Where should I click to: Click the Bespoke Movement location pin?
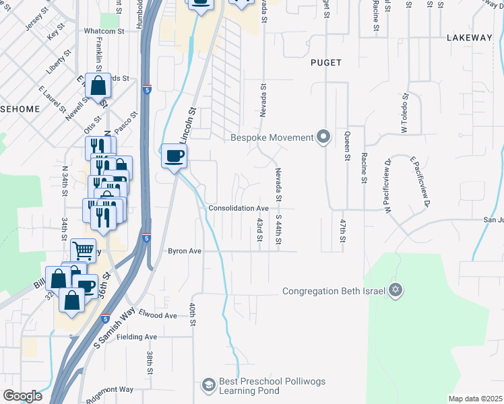(x=323, y=137)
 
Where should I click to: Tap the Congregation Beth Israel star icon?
(x=396, y=291)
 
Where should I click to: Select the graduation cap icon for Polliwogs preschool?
(x=208, y=386)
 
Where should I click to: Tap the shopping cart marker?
(x=83, y=250)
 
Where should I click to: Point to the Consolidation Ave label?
(x=239, y=209)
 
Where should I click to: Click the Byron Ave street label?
(x=185, y=251)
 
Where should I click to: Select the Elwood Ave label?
(x=157, y=315)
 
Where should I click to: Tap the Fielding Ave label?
(x=138, y=337)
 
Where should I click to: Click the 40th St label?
(x=192, y=315)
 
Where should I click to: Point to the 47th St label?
(x=343, y=230)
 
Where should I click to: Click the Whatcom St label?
(x=104, y=31)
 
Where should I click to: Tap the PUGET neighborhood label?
(x=325, y=63)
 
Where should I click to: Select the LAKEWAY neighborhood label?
(x=470, y=38)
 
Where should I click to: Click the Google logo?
(x=22, y=396)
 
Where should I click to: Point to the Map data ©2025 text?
(x=475, y=399)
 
